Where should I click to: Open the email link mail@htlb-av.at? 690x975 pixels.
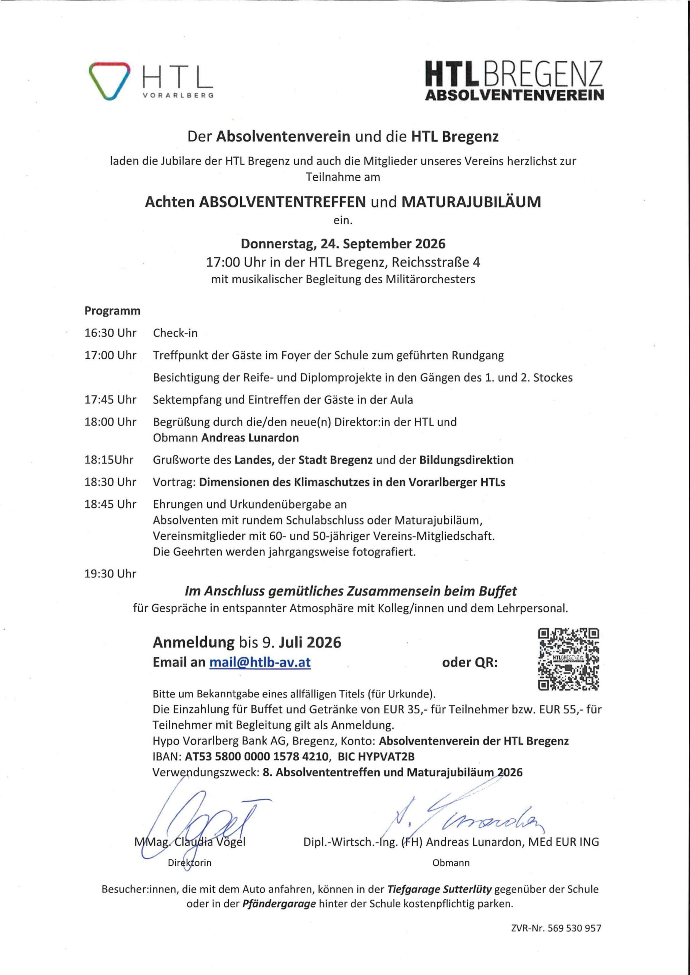point(259,662)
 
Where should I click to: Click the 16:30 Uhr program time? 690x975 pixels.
point(110,333)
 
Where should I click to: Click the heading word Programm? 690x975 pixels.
point(112,311)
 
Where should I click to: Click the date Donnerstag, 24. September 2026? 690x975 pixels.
point(343,244)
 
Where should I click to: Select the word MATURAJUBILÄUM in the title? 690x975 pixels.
point(471,202)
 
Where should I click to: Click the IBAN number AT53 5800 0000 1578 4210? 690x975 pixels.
point(257,756)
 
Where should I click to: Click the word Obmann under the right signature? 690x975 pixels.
point(451,863)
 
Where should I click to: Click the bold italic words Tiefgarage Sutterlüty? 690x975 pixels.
point(439,889)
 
